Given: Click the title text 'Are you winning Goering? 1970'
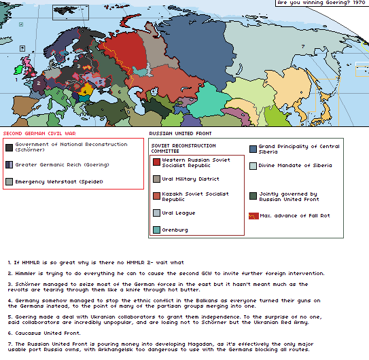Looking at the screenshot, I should pos(321,3).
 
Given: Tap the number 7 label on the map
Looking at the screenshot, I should pos(302,46).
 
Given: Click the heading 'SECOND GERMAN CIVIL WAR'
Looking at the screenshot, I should pos(39,134).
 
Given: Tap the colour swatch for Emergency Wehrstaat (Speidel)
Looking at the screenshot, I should pos(9,181).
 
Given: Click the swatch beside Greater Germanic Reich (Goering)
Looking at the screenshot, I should pos(9,164).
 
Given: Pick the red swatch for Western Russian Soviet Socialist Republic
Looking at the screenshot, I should pos(157,162).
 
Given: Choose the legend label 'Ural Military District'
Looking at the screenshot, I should pos(190,179).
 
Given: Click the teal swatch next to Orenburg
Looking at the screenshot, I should pos(157,230).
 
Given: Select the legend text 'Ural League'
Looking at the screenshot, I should pos(178,213).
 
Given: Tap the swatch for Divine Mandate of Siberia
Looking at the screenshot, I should pos(253,166).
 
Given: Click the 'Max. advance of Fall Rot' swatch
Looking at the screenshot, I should pos(253,215).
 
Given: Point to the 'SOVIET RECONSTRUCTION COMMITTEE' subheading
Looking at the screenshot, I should pos(183,148).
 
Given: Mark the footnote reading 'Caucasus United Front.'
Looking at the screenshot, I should pos(44,333).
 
